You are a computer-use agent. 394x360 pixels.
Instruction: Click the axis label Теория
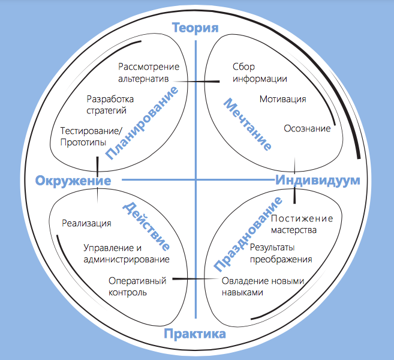(196, 28)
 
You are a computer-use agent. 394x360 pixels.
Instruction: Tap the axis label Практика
(195, 334)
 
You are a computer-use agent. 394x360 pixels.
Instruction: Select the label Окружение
(73, 181)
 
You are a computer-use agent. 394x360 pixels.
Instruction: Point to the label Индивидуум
(318, 180)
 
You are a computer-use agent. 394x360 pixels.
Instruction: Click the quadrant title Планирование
(142, 123)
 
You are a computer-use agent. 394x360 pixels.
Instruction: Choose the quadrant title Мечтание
(248, 124)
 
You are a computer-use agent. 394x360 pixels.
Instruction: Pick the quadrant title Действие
(146, 227)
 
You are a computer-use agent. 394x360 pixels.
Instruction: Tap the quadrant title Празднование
(248, 235)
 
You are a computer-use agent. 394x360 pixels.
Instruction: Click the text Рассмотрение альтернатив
(149, 73)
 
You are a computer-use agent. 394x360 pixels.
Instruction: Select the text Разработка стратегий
(110, 104)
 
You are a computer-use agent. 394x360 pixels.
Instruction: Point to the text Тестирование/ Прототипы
(91, 137)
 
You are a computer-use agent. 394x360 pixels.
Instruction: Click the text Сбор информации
(260, 73)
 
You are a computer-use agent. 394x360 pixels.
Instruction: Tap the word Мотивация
(283, 99)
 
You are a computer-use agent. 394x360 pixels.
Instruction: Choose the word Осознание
(307, 128)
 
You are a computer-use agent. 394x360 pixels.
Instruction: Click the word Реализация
(86, 223)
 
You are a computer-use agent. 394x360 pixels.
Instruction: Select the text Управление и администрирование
(127, 254)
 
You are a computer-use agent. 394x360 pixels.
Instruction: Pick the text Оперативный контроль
(137, 287)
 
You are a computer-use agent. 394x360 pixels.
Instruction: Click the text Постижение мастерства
(302, 224)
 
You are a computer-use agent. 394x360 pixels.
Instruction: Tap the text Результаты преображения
(281, 253)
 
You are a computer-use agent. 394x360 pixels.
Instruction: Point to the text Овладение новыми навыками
(263, 287)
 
